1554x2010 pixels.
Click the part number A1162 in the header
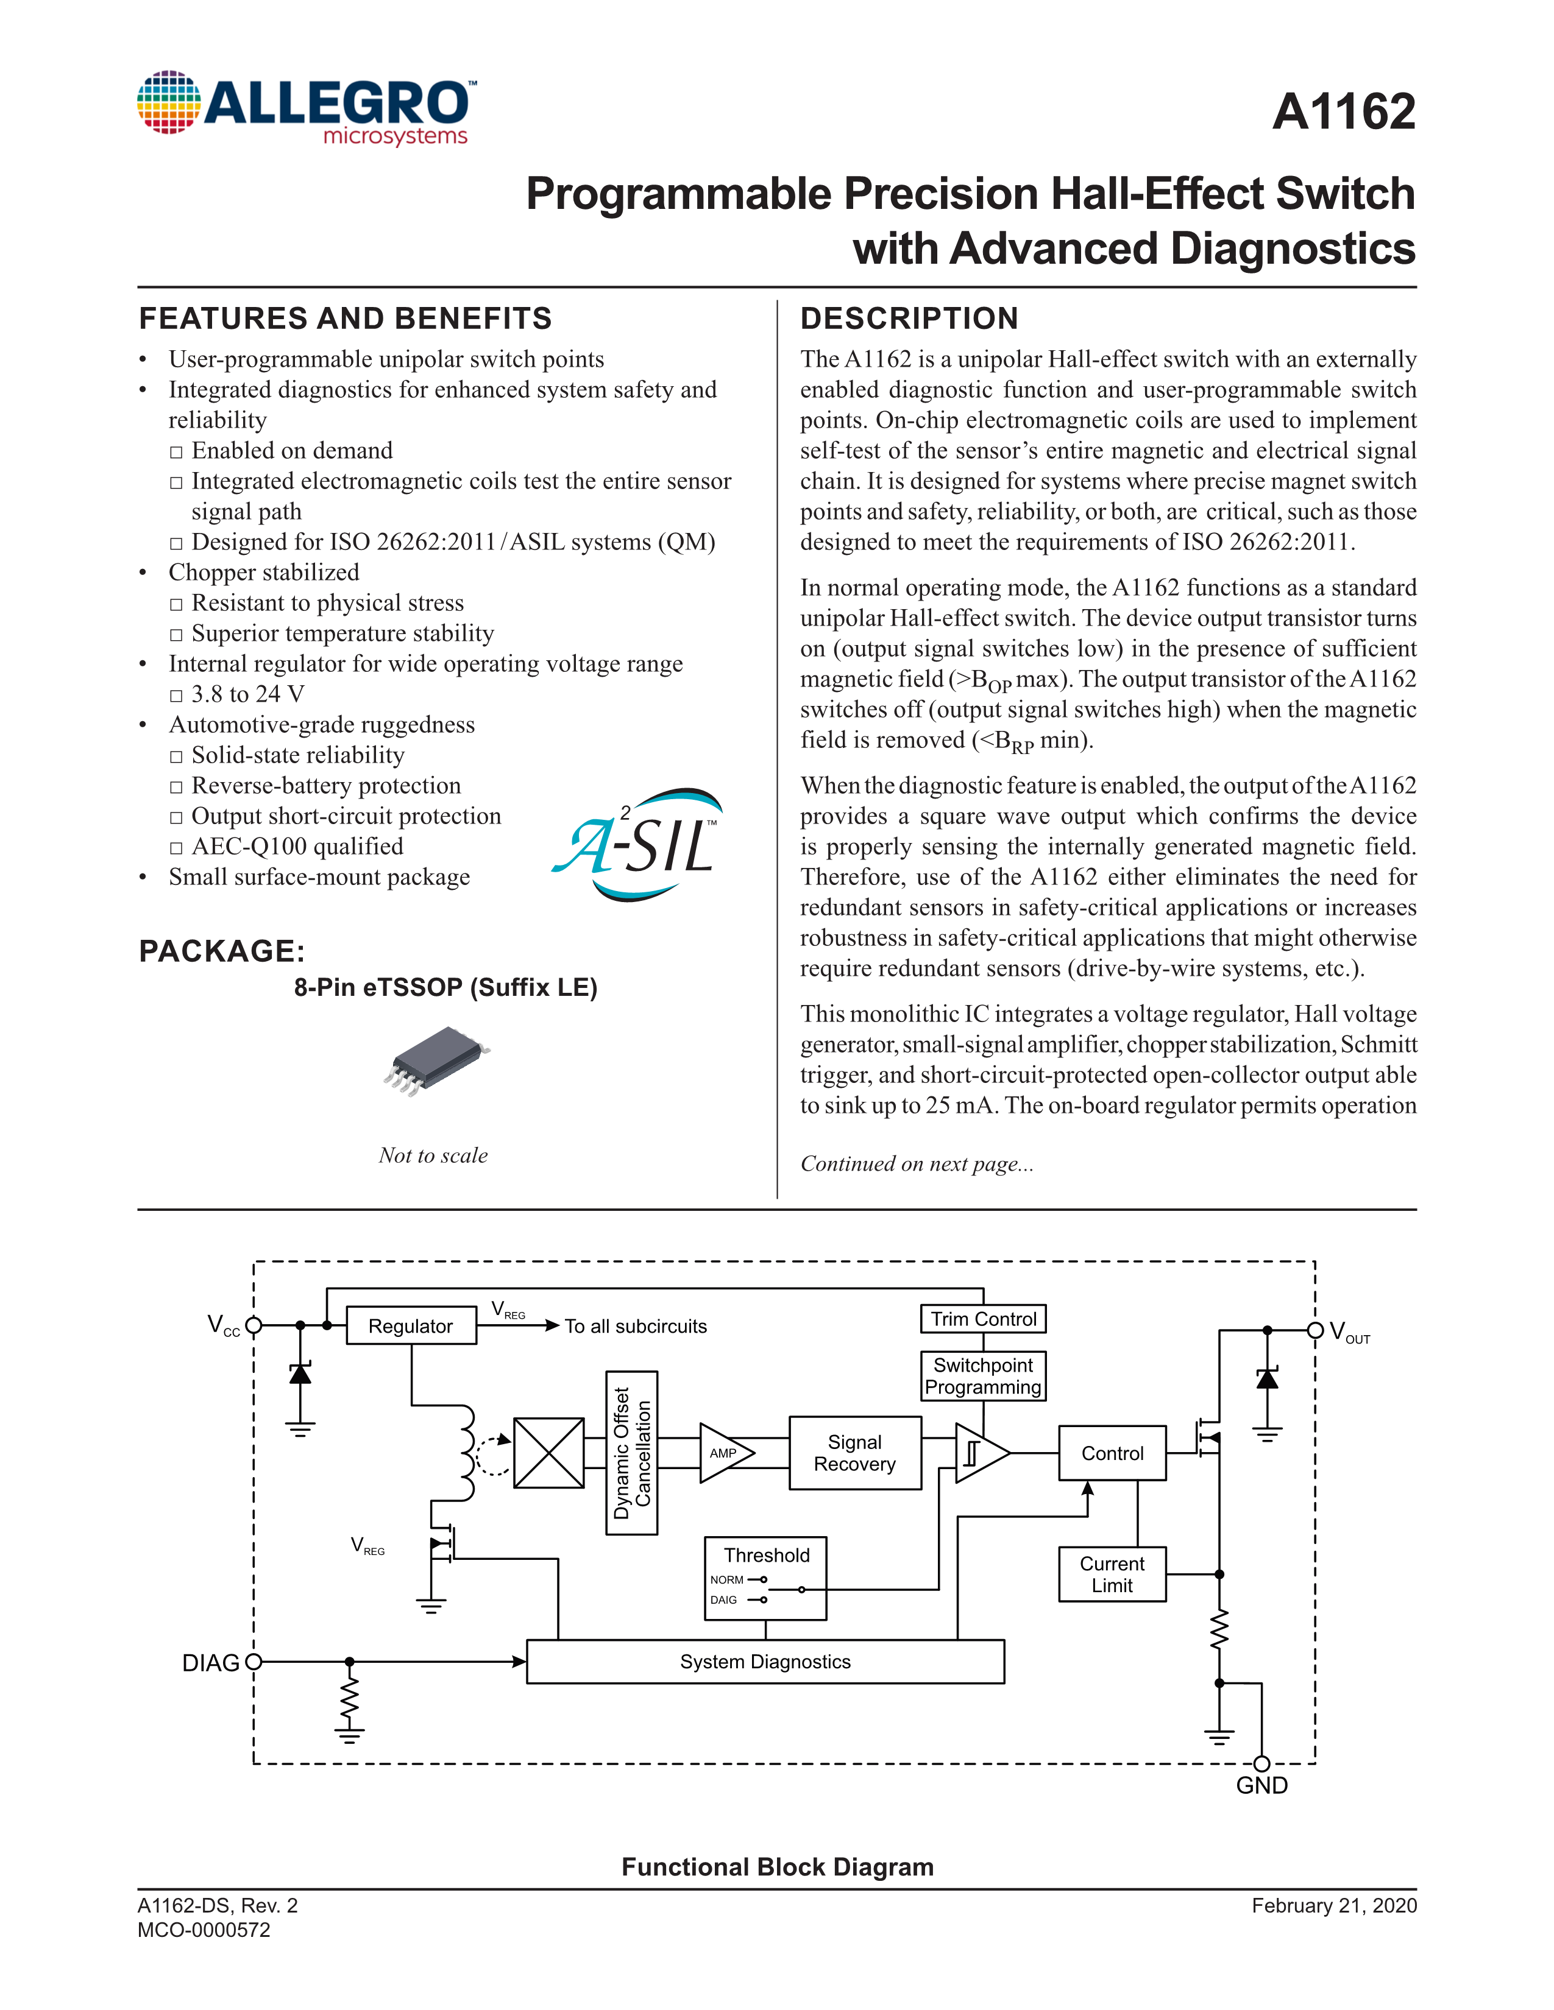pos(1343,112)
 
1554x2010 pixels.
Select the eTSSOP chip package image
pos(436,1060)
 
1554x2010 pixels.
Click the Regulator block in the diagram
pos(411,1326)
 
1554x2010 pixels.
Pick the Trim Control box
pos(983,1319)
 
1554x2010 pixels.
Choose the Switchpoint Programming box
pos(983,1376)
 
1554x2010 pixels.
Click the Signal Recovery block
pos(854,1452)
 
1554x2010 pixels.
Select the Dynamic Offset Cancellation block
pos(631,1452)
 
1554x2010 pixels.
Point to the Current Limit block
pos(1112,1574)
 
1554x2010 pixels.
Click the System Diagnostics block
pos(765,1661)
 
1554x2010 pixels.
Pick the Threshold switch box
pos(765,1578)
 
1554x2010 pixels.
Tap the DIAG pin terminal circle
pos(254,1661)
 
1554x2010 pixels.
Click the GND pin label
pos(1261,1785)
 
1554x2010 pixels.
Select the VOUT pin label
pos(1350,1331)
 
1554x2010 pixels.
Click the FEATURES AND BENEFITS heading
pos(345,319)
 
